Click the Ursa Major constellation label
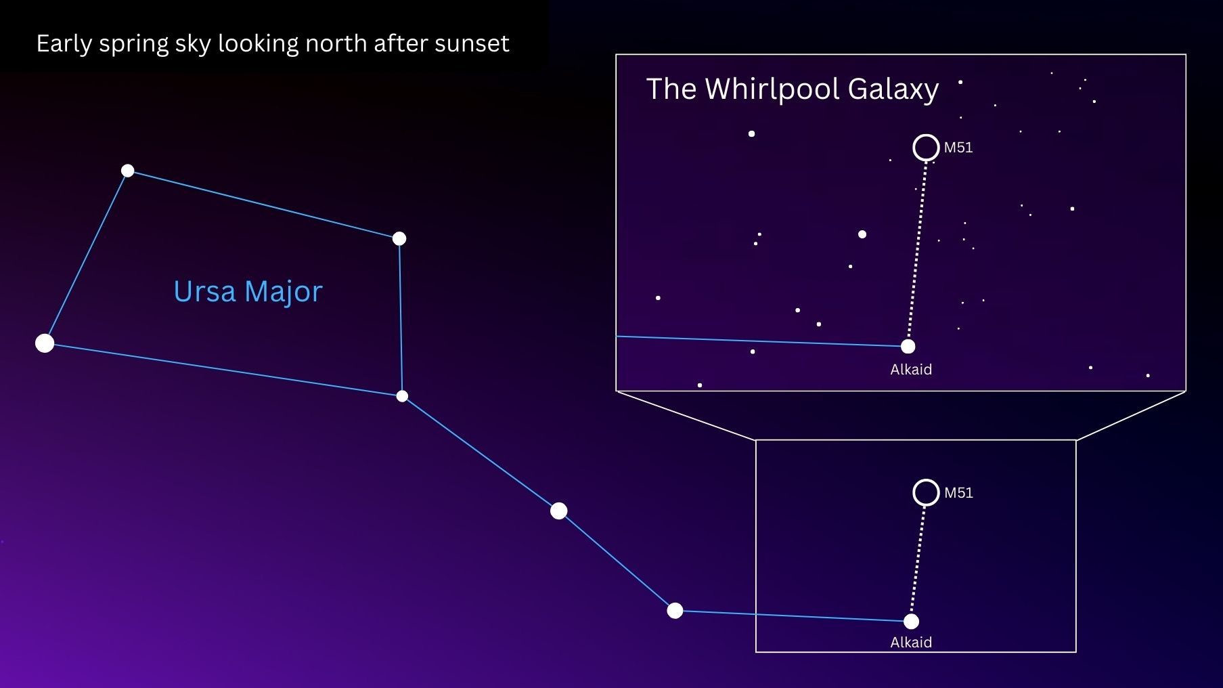[x=248, y=292]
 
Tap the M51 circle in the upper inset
[x=926, y=148]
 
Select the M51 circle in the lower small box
[x=926, y=492]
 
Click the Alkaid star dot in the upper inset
[x=908, y=347]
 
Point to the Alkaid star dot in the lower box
[x=912, y=621]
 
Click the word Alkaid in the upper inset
[x=911, y=370]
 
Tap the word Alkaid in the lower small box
[x=911, y=643]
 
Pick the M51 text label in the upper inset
[x=958, y=148]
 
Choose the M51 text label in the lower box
[x=958, y=493]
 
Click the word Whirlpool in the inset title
[x=772, y=89]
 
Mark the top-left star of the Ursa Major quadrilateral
[x=128, y=171]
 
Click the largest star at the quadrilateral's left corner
[x=45, y=343]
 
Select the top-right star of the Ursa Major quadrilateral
[x=399, y=238]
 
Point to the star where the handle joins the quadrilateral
[x=402, y=396]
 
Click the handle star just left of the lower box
[x=675, y=611]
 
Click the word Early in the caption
[x=64, y=44]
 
